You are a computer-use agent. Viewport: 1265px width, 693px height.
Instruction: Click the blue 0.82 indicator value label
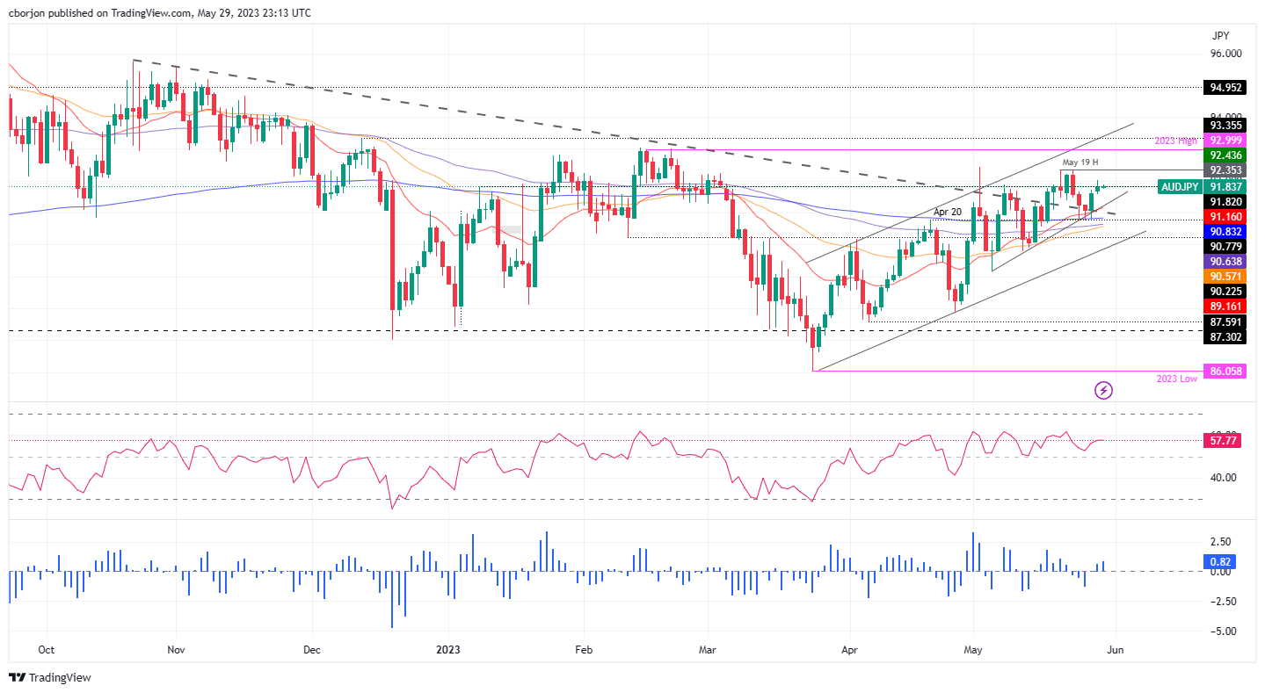[1219, 560]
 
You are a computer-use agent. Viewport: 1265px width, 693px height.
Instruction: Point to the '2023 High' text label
[1176, 141]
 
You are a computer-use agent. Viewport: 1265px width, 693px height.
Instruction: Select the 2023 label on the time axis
[449, 650]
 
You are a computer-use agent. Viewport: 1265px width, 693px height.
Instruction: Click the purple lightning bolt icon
[1105, 389]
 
